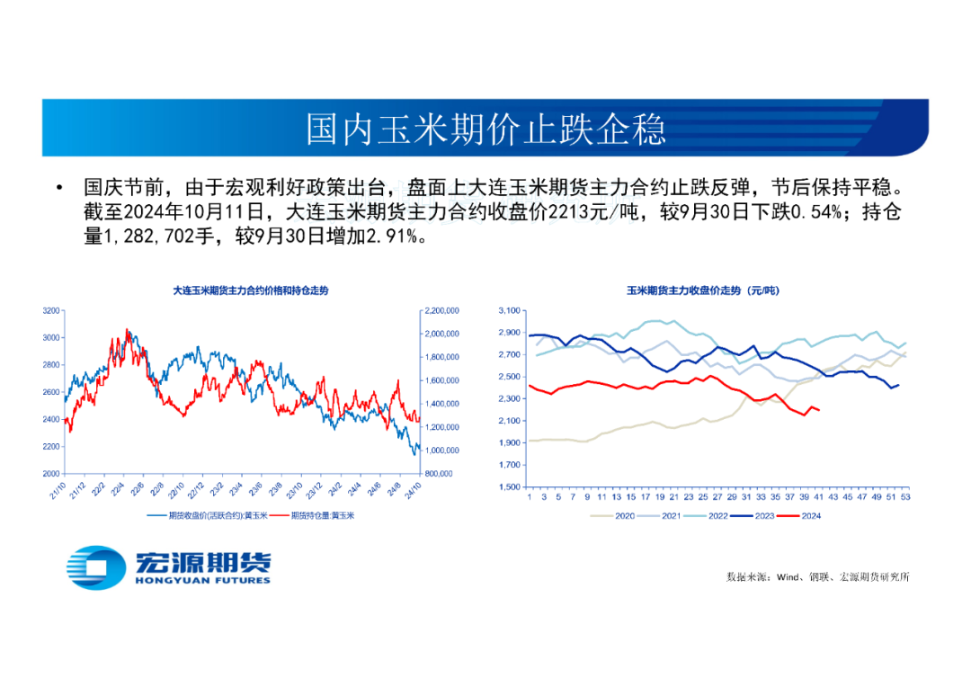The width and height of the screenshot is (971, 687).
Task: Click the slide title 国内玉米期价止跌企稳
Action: coord(485,129)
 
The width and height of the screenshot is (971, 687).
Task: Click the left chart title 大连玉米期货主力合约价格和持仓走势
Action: coord(251,290)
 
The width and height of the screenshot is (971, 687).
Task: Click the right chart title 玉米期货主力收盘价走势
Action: coord(703,290)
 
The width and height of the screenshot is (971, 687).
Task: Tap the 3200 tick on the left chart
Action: coord(50,310)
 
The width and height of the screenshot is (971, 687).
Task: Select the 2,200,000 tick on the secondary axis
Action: coord(441,310)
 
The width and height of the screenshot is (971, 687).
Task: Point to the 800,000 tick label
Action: coord(442,473)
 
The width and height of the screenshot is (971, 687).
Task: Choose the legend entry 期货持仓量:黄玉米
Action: coord(311,515)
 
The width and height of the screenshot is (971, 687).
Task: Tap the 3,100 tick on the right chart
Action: coord(509,310)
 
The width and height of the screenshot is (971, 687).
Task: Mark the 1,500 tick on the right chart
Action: coord(509,487)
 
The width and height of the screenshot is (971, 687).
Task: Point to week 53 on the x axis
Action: coord(905,496)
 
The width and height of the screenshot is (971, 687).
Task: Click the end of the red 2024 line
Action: coord(818,410)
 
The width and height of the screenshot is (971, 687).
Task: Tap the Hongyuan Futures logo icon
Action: coord(96,567)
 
